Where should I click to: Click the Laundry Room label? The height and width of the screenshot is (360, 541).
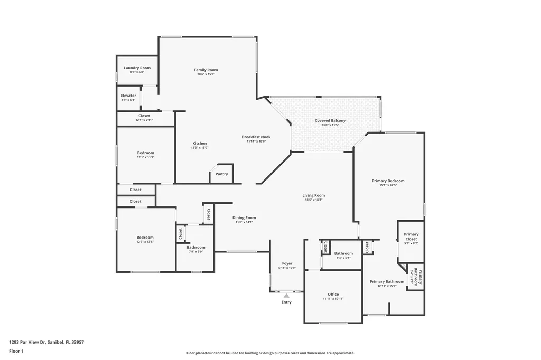(137, 68)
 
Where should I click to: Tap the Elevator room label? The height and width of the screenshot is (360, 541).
(128, 96)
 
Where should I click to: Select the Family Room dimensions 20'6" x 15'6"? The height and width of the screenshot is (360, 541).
(206, 74)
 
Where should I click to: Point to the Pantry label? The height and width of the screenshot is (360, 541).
(221, 174)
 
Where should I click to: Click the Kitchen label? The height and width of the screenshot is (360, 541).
(199, 143)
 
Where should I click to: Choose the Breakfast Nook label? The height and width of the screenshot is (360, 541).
(256, 137)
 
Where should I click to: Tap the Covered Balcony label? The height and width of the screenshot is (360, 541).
(330, 121)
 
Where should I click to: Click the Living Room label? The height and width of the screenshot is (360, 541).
(313, 195)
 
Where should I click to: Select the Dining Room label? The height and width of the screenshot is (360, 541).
(244, 217)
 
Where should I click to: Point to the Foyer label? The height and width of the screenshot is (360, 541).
(287, 263)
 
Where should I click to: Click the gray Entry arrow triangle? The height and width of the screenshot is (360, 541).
(286, 296)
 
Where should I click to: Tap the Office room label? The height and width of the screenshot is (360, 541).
(333, 295)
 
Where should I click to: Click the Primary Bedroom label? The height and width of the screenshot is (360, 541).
(388, 181)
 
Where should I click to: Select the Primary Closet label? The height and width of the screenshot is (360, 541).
(411, 236)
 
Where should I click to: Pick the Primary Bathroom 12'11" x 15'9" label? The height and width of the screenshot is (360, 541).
(387, 283)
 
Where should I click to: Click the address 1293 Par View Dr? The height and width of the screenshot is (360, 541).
(46, 342)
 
